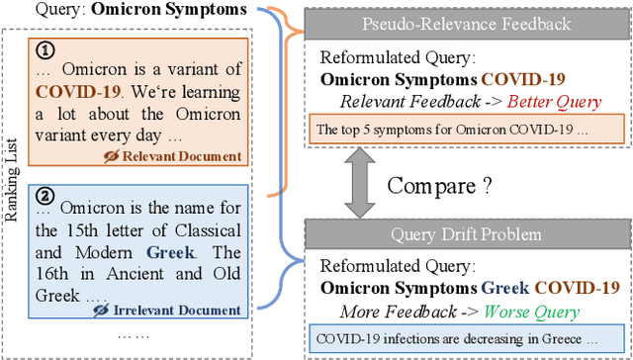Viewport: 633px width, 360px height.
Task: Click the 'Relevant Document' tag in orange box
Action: pyautogui.click(x=193, y=155)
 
